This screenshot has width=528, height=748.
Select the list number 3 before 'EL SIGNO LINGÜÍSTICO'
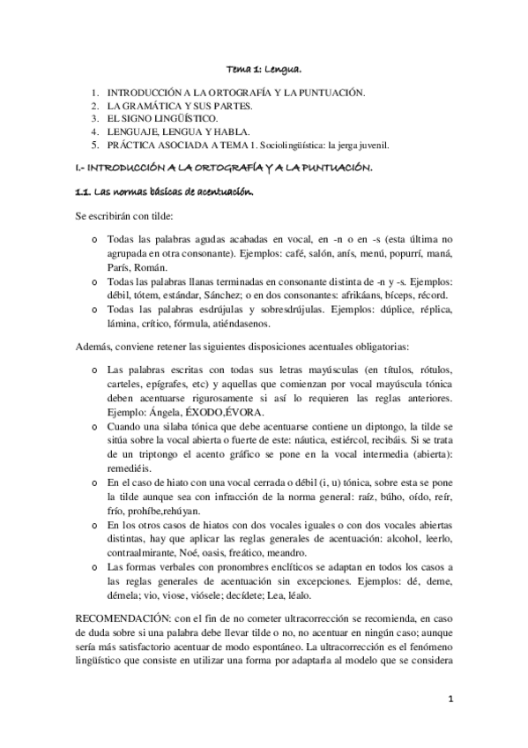(94, 117)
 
